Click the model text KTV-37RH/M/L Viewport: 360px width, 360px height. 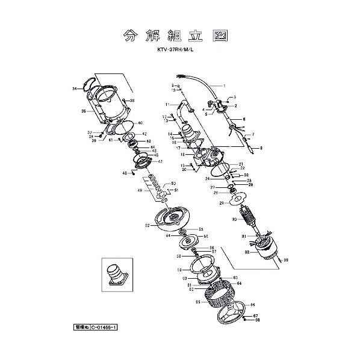tap(179, 51)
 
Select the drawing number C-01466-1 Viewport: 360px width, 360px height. tap(92, 326)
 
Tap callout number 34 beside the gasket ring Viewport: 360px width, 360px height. tap(75, 88)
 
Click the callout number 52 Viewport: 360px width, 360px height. tap(147, 226)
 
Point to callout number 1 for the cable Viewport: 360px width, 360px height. tap(223, 85)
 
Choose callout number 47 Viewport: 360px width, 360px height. tap(160, 161)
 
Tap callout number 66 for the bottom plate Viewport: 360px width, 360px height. tap(253, 305)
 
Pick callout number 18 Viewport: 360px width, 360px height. tap(182, 155)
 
